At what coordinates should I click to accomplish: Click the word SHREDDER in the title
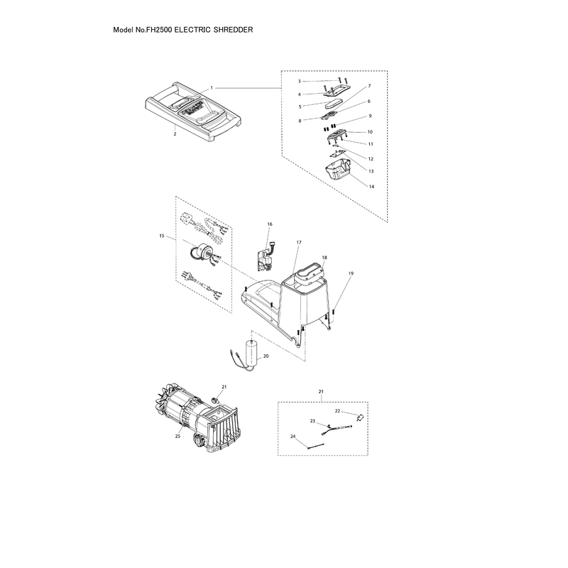(233, 30)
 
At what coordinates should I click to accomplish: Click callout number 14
(371, 187)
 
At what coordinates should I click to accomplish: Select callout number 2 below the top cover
(175, 133)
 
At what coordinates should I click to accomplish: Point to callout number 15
(162, 236)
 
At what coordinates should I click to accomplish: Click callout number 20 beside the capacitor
(266, 356)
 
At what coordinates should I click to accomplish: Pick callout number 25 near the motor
(177, 436)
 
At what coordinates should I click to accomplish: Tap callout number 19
(351, 273)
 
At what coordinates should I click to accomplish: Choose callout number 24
(293, 437)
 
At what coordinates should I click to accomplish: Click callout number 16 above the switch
(270, 224)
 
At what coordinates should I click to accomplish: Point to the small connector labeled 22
(360, 417)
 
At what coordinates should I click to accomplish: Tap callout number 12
(371, 158)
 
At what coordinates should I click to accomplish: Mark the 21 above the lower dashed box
(321, 392)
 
